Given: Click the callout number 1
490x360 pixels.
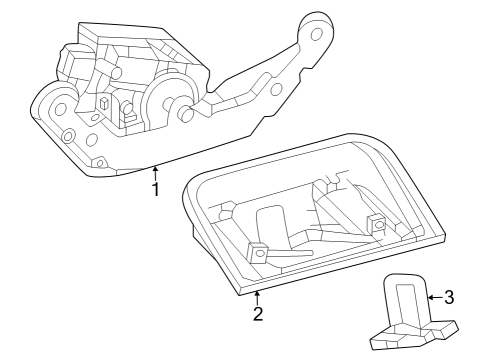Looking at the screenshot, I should pyautogui.click(x=155, y=189).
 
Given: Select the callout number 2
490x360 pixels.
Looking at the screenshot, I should pyautogui.click(x=257, y=313).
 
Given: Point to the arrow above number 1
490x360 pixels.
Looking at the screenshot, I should pyautogui.click(x=155, y=173).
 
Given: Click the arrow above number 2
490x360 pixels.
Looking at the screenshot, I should pyautogui.click(x=257, y=296).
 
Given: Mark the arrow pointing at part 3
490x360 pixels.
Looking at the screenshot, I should pyautogui.click(x=433, y=296).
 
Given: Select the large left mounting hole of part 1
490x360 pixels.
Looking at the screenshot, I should pyautogui.click(x=58, y=106).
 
